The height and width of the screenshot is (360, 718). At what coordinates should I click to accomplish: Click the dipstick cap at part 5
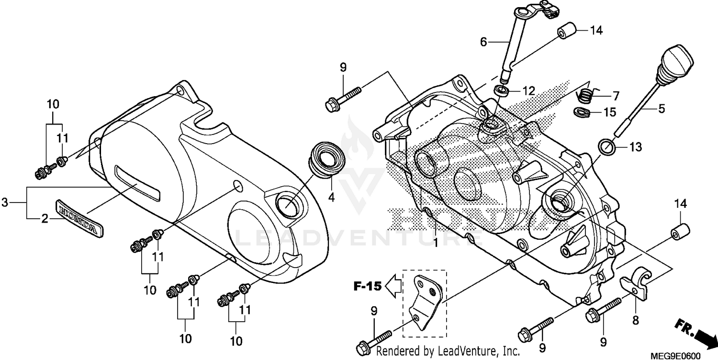click(675, 59)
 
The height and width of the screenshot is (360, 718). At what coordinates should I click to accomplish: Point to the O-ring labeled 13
click(607, 146)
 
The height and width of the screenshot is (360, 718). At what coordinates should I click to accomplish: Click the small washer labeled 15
click(581, 113)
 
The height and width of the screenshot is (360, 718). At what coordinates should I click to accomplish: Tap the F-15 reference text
click(368, 287)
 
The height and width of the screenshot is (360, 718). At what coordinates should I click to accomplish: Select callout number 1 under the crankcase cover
click(436, 243)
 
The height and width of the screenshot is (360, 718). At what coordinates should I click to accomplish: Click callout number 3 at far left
click(5, 202)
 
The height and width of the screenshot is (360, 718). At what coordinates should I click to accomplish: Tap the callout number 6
click(483, 43)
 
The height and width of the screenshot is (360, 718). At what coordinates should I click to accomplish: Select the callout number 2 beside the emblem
click(44, 219)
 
